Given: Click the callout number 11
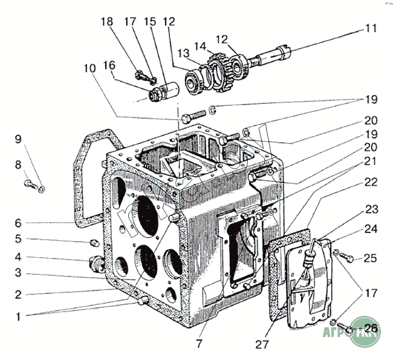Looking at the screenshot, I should click(x=370, y=28).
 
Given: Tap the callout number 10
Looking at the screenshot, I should click(x=91, y=68).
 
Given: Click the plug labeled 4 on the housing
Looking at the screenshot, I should click(x=96, y=265).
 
